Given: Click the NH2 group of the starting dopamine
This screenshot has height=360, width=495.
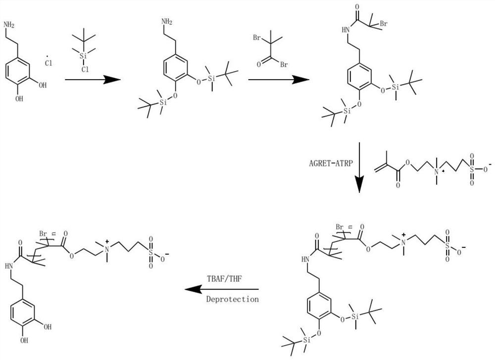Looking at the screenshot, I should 9,24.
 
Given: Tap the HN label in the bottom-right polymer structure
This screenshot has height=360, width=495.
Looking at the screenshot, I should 305,259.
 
